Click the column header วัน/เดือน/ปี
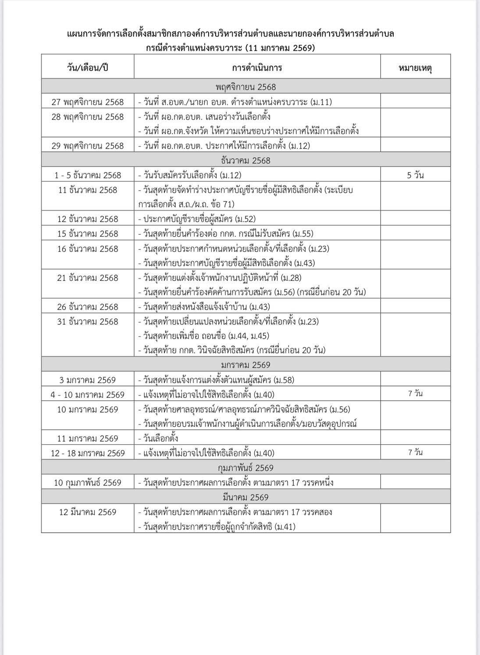[88, 68]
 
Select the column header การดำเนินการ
[257, 68]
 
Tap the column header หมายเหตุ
[415, 68]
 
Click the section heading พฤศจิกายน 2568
[246, 87]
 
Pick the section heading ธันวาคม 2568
[246, 160]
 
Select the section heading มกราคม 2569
[246, 365]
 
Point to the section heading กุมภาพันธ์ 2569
[246, 468]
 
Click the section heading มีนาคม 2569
[246, 497]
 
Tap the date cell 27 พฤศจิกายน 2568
[88, 102]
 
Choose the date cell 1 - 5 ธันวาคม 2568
[88, 175]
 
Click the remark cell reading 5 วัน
[415, 175]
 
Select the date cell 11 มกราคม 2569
[88, 439]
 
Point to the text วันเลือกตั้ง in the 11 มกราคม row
[160, 439]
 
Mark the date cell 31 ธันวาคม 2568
[88, 322]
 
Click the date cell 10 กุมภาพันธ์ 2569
[88, 483]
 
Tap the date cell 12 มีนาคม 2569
[88, 512]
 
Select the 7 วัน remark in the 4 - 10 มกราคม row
[415, 394]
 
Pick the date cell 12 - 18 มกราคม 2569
[88, 453]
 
